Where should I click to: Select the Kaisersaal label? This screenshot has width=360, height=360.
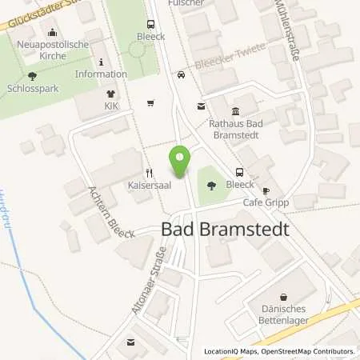click(146, 186)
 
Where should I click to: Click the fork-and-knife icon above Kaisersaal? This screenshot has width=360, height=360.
click(148, 172)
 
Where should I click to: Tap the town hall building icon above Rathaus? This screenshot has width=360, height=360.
click(234, 111)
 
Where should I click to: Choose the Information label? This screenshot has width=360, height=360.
click(102, 74)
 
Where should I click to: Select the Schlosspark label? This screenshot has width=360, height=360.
click(31, 90)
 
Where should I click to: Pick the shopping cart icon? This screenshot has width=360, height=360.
click(150, 102)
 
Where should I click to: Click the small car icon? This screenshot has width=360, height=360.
click(182, 75)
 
